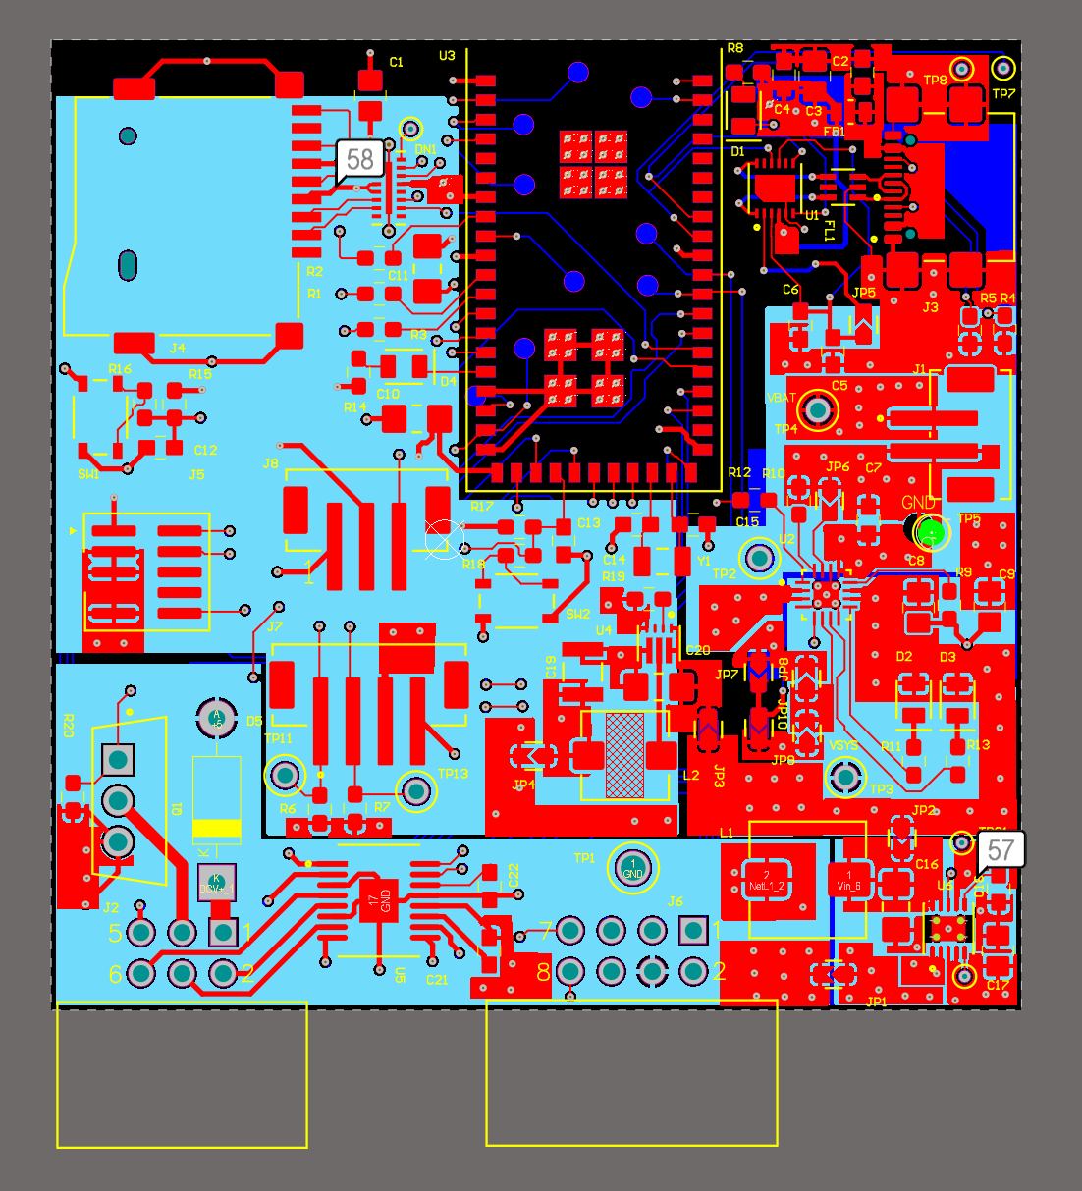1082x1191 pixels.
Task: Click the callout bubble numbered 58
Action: (359, 159)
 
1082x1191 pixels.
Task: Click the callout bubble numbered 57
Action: (1000, 849)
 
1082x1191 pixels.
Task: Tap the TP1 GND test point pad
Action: (632, 868)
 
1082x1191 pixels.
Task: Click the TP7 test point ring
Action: (1002, 68)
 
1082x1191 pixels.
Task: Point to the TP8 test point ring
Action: (961, 68)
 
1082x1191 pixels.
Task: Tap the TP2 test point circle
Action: (758, 559)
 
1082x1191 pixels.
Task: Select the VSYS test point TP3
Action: (845, 778)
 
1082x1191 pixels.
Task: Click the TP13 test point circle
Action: (415, 790)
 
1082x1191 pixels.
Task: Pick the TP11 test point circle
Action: (285, 776)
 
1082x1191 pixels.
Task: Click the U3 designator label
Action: (447, 56)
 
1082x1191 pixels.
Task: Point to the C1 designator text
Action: (396, 62)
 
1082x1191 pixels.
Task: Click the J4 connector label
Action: (178, 348)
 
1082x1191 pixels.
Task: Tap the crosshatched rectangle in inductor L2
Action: (624, 754)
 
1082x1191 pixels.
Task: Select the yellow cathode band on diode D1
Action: (217, 828)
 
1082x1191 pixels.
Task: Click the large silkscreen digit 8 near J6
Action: (543, 972)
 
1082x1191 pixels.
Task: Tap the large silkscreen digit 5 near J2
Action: (115, 933)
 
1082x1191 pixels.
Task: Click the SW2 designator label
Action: (577, 615)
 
